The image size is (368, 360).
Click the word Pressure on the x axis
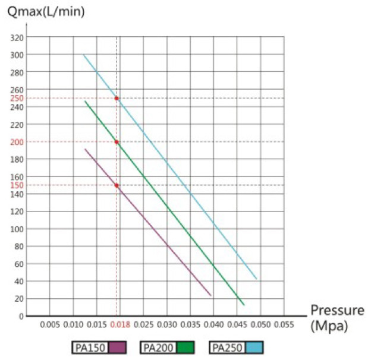coord(336,310)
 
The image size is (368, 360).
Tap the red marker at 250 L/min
coord(117,98)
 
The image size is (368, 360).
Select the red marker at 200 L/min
coord(117,142)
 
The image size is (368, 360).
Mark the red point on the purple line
coord(117,185)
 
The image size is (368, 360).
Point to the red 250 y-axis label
coord(17,98)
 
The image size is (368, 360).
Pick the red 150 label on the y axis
coord(17,185)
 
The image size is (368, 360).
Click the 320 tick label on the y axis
coord(17,37)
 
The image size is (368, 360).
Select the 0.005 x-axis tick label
coord(49,326)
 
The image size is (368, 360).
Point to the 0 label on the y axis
coord(20,316)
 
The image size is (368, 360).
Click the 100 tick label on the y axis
coord(17,229)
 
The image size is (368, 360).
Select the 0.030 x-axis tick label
coord(167,326)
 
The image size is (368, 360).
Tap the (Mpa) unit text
coord(328,326)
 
